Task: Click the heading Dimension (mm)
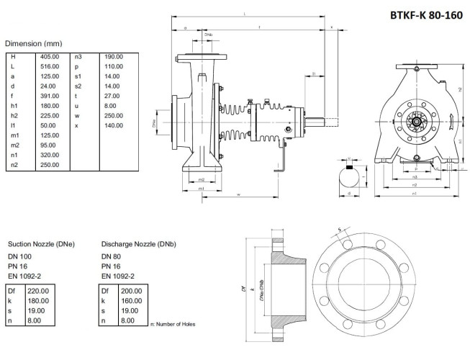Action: point(34,43)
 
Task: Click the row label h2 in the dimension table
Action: point(14,115)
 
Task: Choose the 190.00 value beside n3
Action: point(114,56)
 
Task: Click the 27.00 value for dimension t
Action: point(112,96)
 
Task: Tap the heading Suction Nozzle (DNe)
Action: point(41,244)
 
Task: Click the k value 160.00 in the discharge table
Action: point(131,300)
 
